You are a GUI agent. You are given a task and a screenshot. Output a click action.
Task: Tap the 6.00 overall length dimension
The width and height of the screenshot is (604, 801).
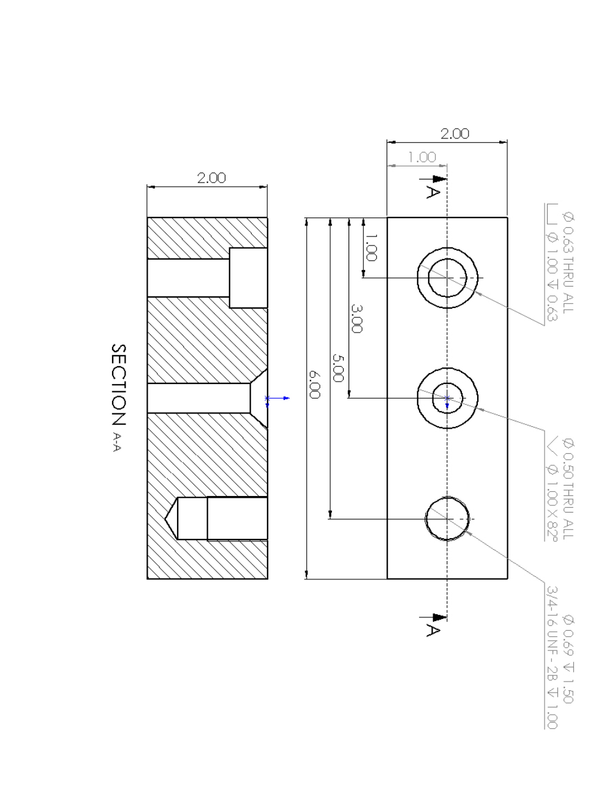tap(315, 383)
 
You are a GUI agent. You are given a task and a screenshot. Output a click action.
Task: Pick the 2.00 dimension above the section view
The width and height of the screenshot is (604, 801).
tap(211, 178)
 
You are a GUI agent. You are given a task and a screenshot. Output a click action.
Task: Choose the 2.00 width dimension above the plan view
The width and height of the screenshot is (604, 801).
tap(455, 134)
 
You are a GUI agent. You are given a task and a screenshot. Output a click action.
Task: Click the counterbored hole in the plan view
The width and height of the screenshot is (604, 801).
tap(447, 278)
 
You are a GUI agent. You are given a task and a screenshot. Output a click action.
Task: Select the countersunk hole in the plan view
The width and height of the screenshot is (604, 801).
tap(447, 398)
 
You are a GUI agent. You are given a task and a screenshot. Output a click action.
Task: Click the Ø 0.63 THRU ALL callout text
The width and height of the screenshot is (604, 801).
tap(568, 262)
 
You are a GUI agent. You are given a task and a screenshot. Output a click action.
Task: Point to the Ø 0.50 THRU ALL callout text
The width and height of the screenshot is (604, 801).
tap(568, 488)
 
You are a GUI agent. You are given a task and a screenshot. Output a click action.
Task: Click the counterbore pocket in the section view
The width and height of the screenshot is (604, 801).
tap(248, 277)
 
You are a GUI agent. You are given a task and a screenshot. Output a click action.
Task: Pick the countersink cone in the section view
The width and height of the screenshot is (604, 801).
tap(259, 398)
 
